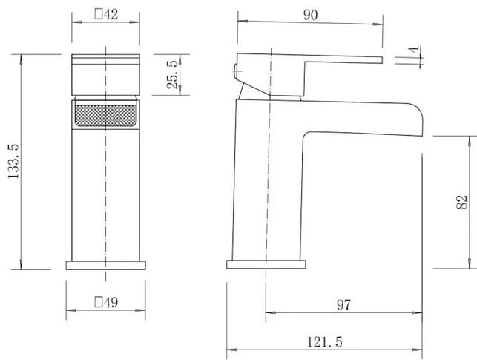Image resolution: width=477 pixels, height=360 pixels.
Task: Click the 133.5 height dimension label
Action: point(13,162)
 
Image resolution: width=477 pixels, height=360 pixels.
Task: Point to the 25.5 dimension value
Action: point(173,74)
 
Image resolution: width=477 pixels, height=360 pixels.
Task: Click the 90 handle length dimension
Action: point(310,15)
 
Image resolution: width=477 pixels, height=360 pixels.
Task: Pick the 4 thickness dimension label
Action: point(414,50)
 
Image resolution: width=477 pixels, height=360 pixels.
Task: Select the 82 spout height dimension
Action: point(461,202)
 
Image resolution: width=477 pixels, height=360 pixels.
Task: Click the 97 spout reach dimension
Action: point(343,305)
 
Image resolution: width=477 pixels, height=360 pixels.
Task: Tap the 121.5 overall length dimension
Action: point(325,342)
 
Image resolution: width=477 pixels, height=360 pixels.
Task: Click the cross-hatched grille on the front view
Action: point(105,116)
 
